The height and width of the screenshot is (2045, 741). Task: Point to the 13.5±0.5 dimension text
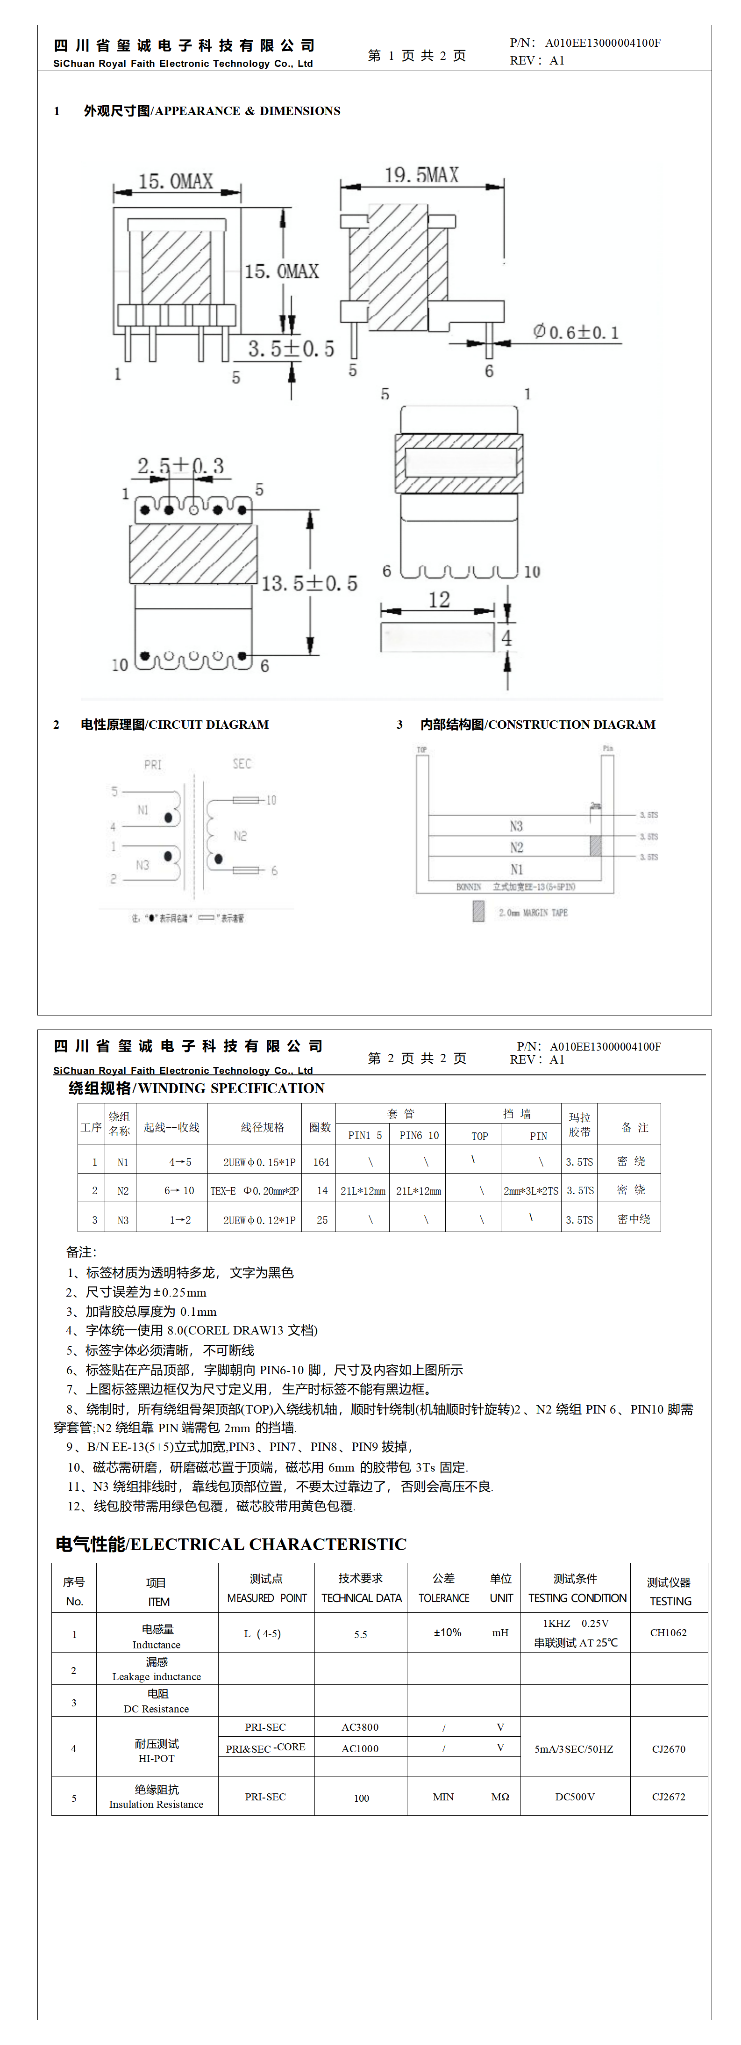(309, 583)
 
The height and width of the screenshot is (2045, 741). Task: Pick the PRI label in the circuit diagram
(152, 764)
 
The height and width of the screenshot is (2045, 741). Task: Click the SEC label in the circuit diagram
(242, 764)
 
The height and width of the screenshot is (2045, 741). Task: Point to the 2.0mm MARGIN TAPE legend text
(533, 913)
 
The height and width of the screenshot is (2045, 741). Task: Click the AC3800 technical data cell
(360, 1726)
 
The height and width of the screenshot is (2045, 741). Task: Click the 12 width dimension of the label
(439, 600)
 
